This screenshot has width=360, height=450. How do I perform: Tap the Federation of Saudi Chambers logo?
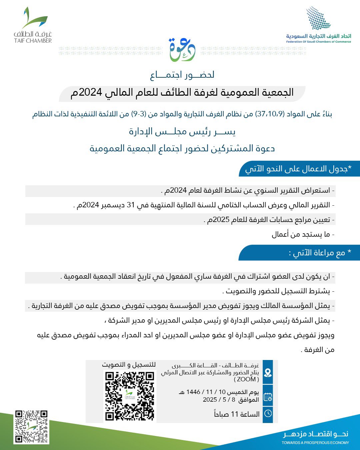[318, 25]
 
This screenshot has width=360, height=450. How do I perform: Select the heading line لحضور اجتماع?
[182, 75]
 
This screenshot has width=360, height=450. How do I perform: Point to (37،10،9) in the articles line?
[270, 114]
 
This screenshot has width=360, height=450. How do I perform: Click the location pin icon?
[268, 372]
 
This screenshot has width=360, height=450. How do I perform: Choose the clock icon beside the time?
[268, 414]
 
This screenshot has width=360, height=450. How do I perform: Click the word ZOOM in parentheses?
[246, 379]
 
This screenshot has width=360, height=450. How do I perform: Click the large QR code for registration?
[130, 396]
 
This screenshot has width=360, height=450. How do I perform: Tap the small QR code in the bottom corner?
[31, 427]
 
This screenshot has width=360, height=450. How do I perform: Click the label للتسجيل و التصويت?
[129, 365]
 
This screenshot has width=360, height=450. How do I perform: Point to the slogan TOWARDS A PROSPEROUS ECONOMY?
[315, 443]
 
